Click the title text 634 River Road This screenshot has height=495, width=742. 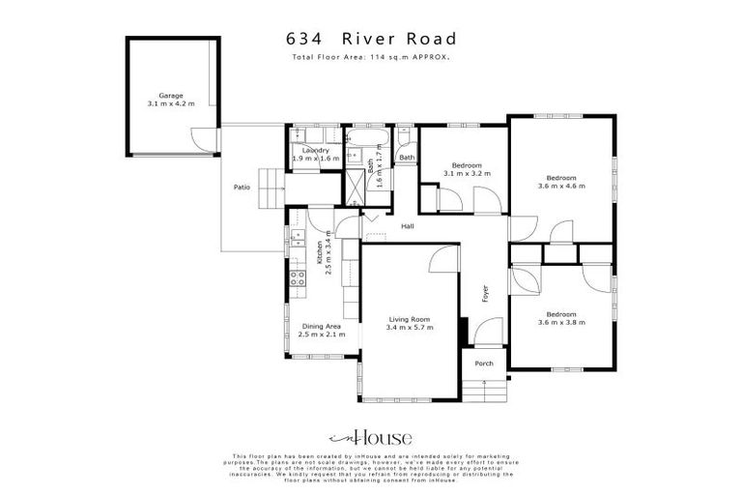click(371, 40)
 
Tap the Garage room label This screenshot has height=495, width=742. click(171, 96)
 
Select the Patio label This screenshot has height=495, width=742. click(243, 187)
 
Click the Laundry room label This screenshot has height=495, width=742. click(315, 151)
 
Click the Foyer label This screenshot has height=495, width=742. click(485, 293)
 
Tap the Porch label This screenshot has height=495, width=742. click(484, 364)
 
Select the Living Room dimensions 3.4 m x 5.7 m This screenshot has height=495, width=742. click(411, 328)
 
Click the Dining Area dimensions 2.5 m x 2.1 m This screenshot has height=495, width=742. click(322, 335)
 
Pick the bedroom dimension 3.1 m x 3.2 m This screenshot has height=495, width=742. click(467, 173)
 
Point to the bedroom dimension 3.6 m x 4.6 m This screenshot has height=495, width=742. click(561, 186)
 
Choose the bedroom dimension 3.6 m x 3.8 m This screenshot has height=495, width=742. click(561, 322)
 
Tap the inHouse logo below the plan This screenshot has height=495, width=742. click(371, 437)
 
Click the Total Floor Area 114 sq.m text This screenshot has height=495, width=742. click(371, 58)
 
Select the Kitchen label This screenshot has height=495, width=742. click(320, 253)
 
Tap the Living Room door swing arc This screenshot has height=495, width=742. click(443, 260)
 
